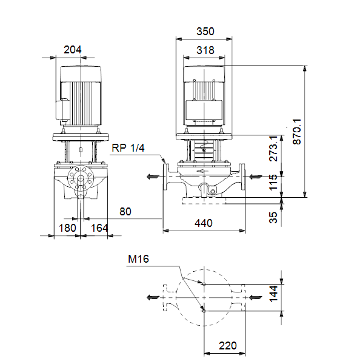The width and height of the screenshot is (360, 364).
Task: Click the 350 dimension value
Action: click(x=205, y=32)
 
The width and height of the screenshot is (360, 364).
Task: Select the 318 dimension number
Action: click(x=205, y=50)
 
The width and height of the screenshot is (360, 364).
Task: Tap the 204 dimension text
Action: click(x=73, y=50)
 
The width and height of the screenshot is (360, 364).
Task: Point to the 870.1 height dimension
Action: click(x=297, y=132)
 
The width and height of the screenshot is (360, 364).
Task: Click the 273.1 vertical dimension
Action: click(x=273, y=149)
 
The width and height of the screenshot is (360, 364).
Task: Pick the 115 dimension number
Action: click(x=273, y=182)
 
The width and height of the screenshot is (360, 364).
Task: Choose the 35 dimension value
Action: click(x=273, y=218)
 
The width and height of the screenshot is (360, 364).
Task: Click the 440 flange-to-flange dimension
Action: click(x=204, y=223)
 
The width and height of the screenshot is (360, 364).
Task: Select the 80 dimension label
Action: click(x=125, y=212)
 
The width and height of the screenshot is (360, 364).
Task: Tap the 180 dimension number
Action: click(x=67, y=228)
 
